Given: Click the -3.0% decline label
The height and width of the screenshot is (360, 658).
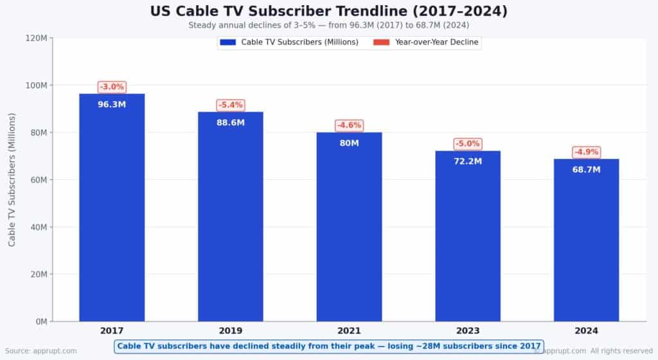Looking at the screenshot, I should pyautogui.click(x=112, y=87).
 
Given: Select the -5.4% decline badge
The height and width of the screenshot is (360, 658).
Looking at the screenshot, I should pyautogui.click(x=230, y=105).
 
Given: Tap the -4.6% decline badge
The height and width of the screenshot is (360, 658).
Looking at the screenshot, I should pyautogui.click(x=349, y=125).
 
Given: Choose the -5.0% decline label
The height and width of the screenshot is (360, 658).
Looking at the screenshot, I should pyautogui.click(x=468, y=143).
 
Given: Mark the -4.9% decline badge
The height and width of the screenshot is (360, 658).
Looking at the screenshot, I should pyautogui.click(x=586, y=152).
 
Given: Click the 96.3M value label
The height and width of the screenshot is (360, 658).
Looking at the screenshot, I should pyautogui.click(x=112, y=104).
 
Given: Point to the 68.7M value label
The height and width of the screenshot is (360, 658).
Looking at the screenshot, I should pyautogui.click(x=586, y=170).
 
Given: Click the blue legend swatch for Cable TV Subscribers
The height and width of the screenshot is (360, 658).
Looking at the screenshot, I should pyautogui.click(x=228, y=42).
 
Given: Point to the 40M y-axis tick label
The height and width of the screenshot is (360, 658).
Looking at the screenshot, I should pyautogui.click(x=37, y=227).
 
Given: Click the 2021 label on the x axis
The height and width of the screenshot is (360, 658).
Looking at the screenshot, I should pyautogui.click(x=349, y=331).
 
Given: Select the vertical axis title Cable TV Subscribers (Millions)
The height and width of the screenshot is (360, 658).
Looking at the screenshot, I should pyautogui.click(x=12, y=179).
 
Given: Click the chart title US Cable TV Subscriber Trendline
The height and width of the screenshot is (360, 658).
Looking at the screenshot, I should pyautogui.click(x=328, y=11).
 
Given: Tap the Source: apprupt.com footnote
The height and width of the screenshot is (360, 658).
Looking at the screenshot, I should pyautogui.click(x=41, y=351).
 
